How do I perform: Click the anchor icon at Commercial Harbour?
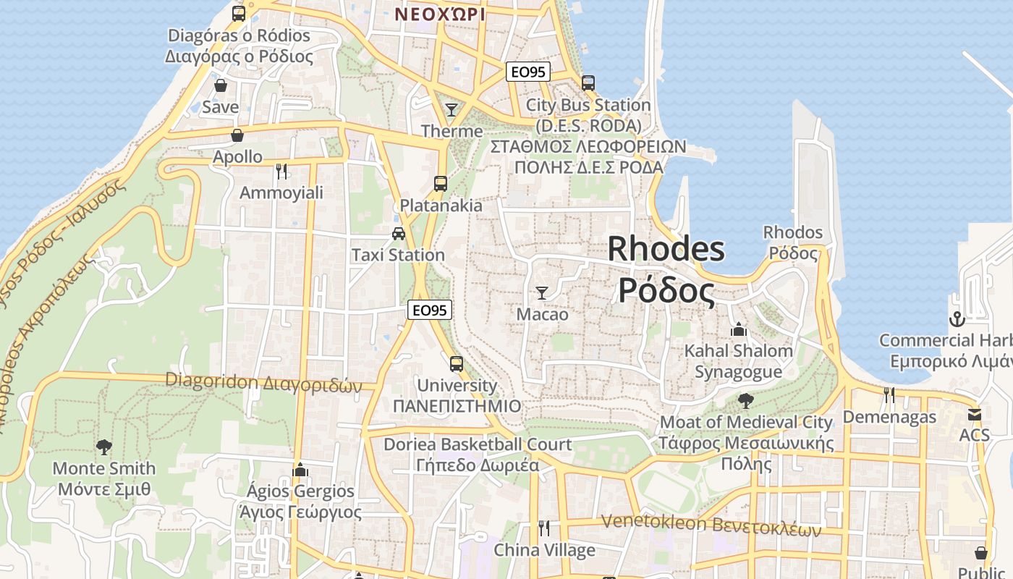(957, 318)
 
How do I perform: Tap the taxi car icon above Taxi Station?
(398, 233)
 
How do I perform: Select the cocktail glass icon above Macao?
(541, 293)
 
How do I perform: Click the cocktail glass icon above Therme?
(452, 109)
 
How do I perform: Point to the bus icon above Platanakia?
(440, 183)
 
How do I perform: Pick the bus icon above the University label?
(456, 363)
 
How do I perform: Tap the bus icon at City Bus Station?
(588, 83)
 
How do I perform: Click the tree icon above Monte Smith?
(104, 447)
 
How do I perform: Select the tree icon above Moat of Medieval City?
(745, 400)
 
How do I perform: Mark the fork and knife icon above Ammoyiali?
(281, 171)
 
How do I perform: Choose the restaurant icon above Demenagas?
(889, 395)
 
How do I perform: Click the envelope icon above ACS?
(974, 415)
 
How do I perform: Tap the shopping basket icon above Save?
(220, 85)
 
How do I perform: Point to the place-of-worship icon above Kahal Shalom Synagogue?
(738, 329)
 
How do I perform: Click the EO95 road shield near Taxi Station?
(430, 310)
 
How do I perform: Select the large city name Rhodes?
(666, 250)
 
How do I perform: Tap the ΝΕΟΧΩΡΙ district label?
(440, 14)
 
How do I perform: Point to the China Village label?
(544, 550)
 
